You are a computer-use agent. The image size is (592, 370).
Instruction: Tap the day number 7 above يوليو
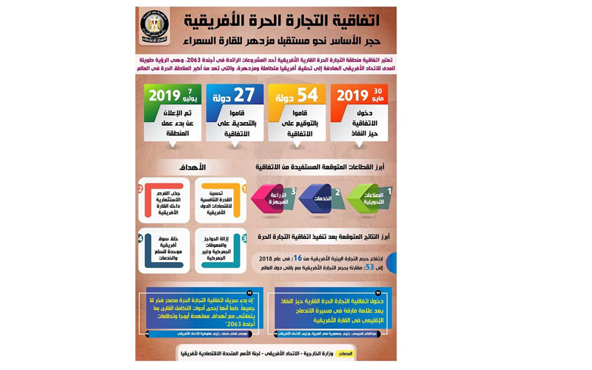(x=189, y=90)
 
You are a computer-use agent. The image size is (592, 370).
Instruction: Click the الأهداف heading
(x=192, y=168)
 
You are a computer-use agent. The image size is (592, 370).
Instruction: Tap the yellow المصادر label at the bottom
(x=344, y=354)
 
